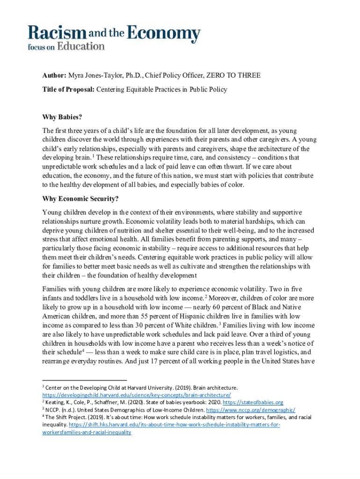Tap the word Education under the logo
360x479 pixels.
tap(80, 46)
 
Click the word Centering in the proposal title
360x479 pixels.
tap(111, 89)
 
